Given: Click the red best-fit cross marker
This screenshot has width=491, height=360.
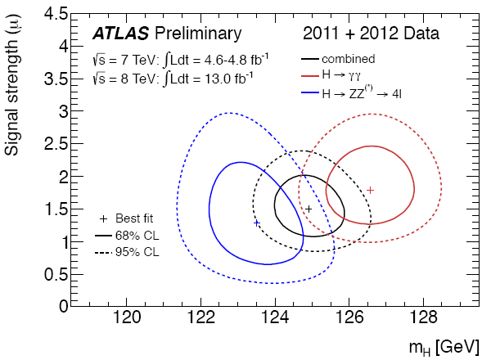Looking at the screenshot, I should pos(370,190).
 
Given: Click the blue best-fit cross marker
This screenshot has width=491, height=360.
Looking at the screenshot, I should pos(256,223).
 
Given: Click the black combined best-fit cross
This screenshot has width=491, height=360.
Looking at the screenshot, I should pos(309,209).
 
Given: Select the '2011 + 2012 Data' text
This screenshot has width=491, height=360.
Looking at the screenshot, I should pos(371,34).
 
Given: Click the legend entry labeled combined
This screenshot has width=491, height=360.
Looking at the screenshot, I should pos(348,59).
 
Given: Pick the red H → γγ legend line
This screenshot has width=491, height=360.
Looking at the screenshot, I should pos(309,76).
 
